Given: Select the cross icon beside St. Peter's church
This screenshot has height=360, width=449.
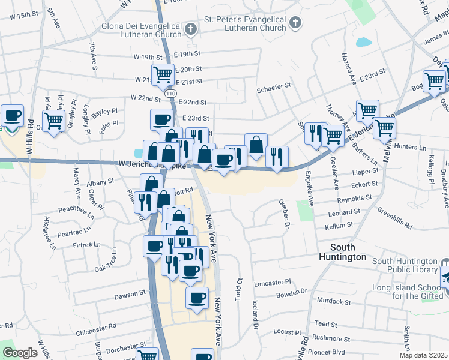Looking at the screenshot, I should (295, 23).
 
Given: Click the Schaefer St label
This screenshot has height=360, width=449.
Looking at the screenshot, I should (274, 85).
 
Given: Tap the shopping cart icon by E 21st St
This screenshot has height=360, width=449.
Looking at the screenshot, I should (163, 74).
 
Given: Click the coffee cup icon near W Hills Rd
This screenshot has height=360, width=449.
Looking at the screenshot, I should (12, 115).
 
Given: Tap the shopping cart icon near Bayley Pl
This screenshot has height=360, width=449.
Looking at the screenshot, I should (53, 120).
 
